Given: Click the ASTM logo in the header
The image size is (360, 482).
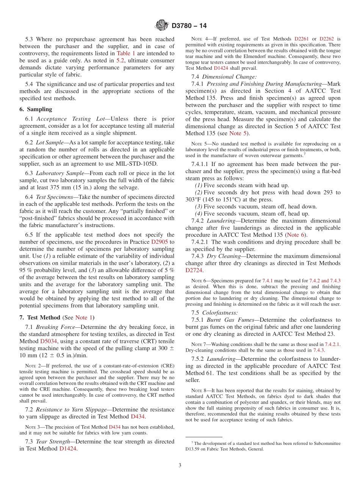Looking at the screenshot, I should [162, 25].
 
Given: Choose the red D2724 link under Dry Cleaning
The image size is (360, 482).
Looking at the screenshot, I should [194, 270].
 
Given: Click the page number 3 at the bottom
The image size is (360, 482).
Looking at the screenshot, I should [180, 465].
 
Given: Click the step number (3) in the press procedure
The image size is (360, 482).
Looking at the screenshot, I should [198, 207].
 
